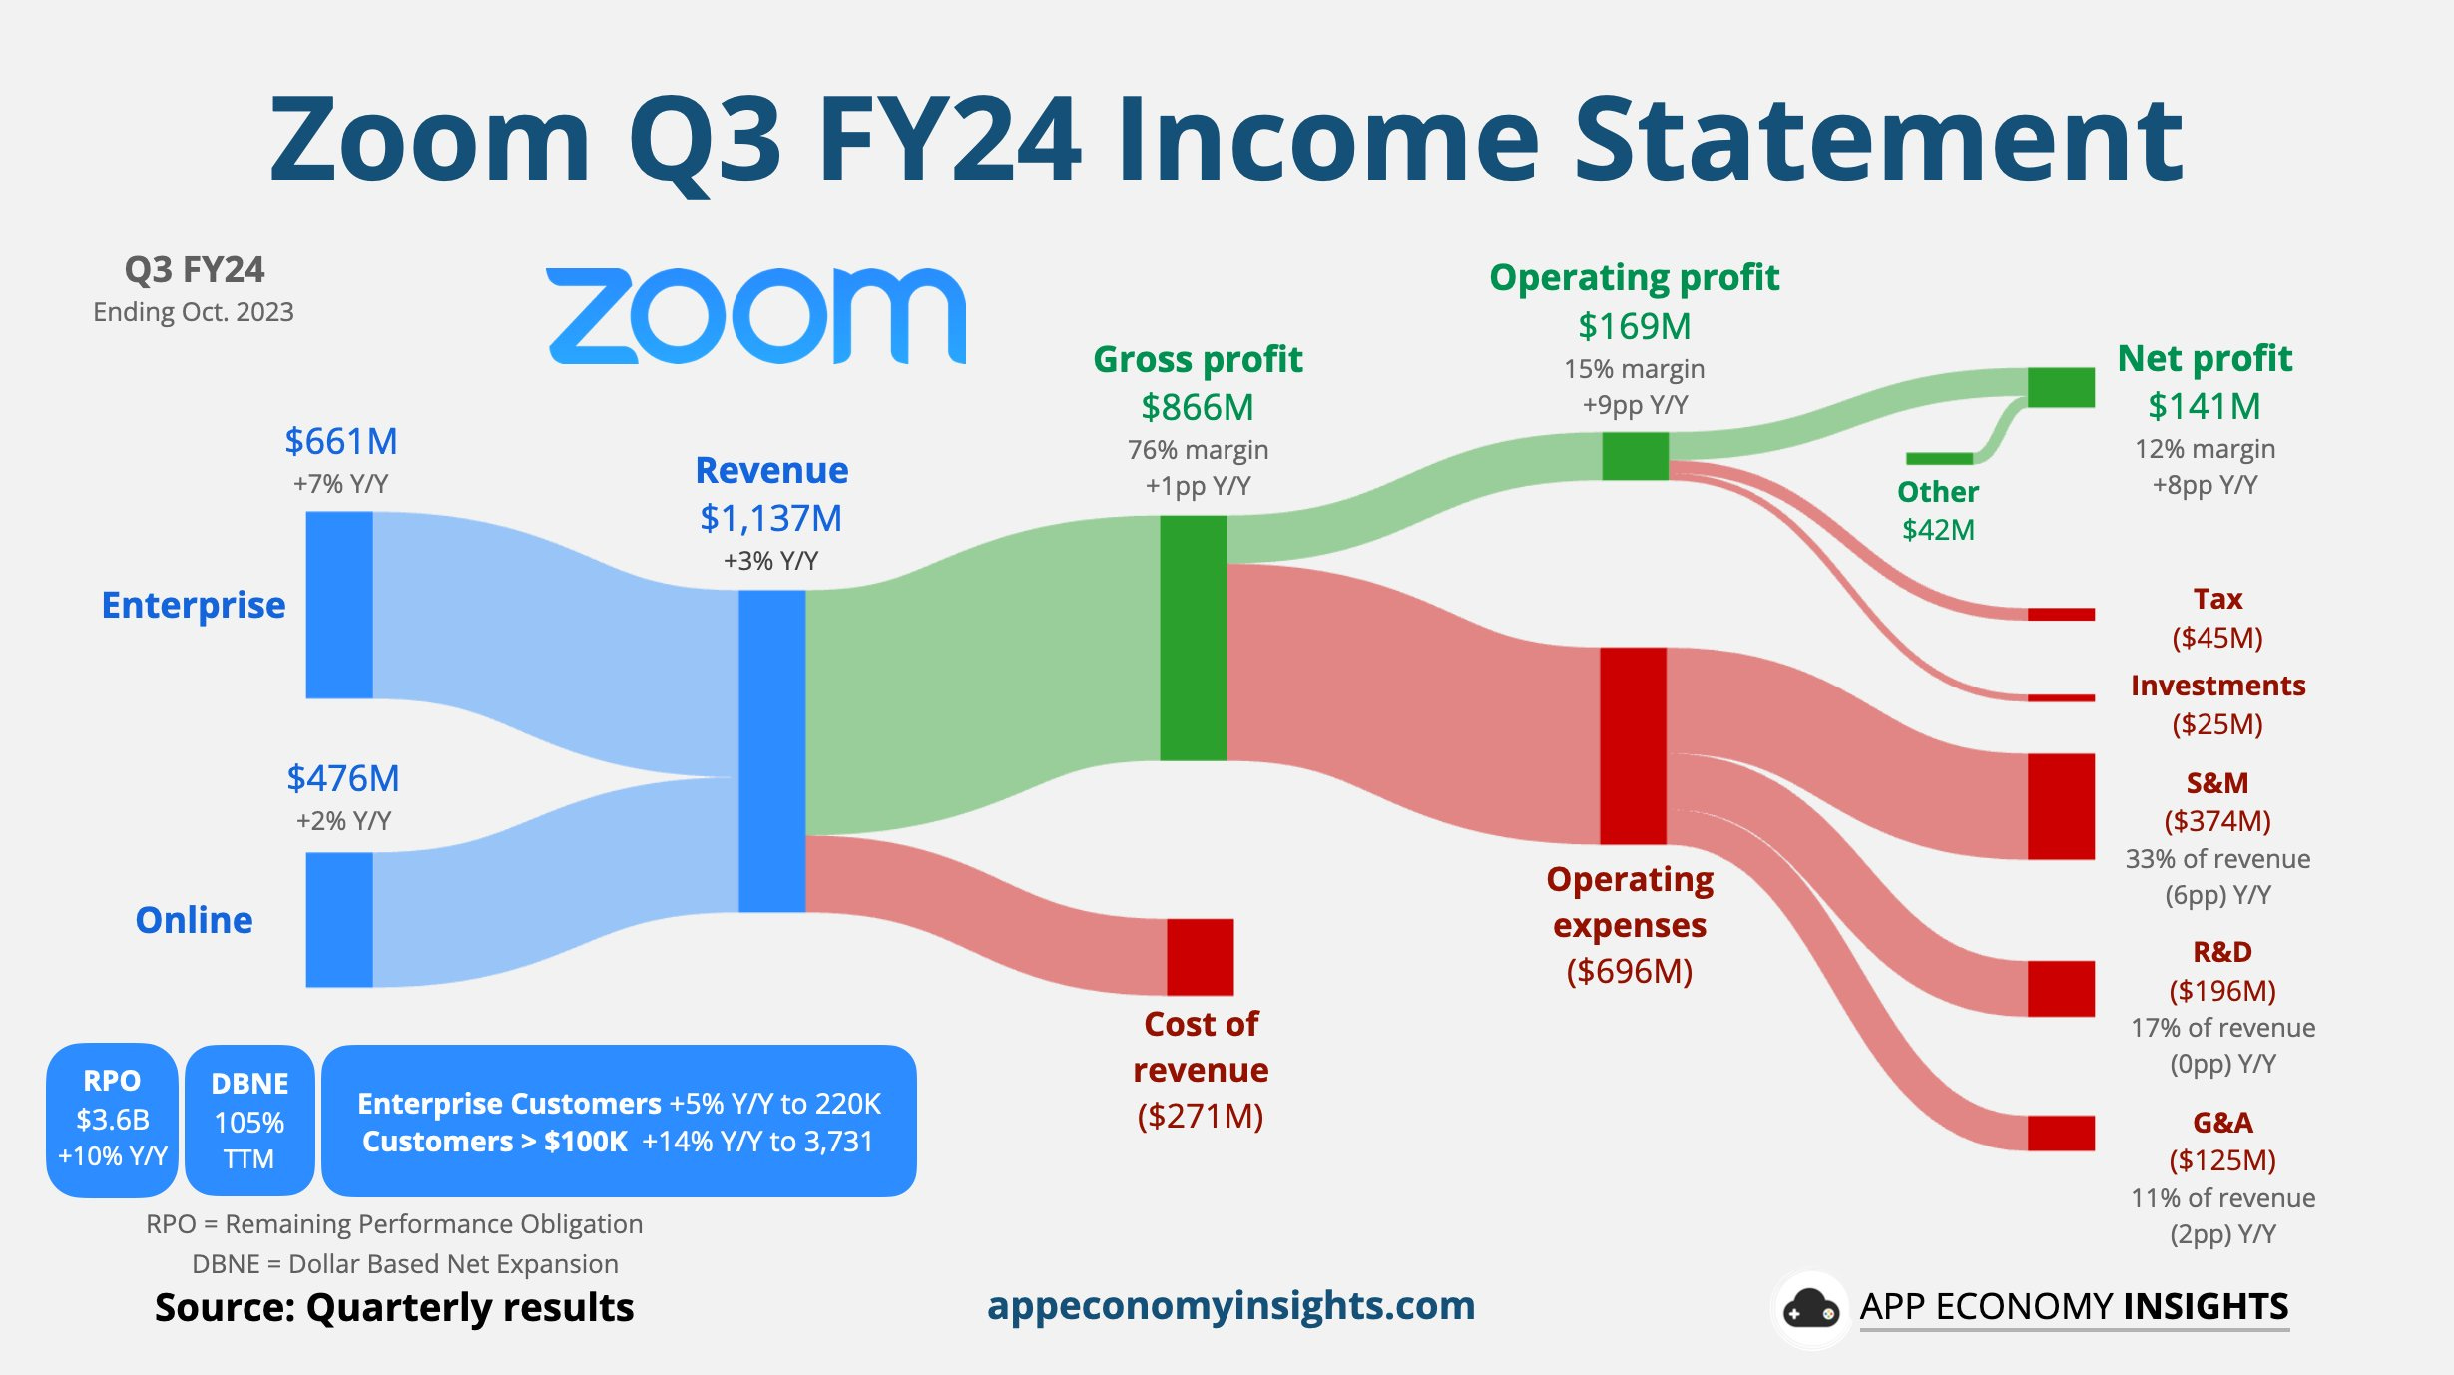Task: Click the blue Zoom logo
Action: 755,315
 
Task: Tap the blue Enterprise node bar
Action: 339,605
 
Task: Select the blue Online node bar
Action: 339,919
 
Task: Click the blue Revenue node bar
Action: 771,750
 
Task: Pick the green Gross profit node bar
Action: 1193,638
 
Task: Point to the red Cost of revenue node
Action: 1200,957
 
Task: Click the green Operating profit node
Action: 1635,456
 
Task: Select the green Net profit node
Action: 2061,387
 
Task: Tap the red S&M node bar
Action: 2061,806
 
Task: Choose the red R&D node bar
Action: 2061,989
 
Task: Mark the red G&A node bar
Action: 2061,1133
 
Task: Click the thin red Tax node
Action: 2061,614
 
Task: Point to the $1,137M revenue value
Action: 770,518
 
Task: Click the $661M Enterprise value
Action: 341,441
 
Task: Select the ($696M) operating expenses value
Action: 1630,971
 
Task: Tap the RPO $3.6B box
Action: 112,1120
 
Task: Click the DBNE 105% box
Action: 249,1121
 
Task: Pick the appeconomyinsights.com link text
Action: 1230,1305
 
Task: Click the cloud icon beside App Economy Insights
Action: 1811,1308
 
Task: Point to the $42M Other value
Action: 1938,529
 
